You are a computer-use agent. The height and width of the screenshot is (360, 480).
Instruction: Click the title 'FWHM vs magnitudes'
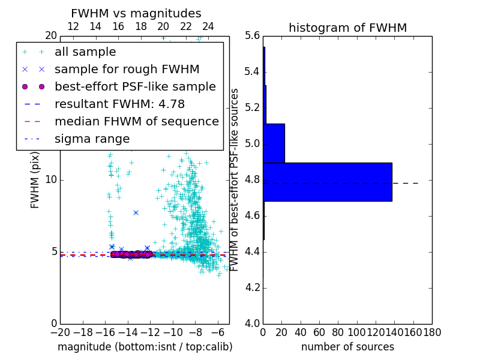click(136, 13)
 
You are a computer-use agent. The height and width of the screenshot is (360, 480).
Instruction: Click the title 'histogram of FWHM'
click(347, 28)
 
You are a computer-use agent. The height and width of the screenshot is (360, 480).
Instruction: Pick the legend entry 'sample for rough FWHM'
click(127, 69)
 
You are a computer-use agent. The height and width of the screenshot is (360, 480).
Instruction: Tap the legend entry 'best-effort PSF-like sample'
click(135, 86)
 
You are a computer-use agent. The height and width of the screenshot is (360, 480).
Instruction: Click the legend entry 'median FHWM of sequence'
click(136, 121)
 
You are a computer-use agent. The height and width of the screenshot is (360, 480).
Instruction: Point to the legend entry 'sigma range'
click(92, 139)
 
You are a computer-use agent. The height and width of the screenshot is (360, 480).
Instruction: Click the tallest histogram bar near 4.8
click(328, 182)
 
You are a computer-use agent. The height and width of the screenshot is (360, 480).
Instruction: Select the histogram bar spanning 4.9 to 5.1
click(274, 143)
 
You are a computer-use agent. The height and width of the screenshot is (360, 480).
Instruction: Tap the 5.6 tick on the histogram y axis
click(252, 36)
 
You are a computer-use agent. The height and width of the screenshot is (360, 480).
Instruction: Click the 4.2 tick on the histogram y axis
click(252, 287)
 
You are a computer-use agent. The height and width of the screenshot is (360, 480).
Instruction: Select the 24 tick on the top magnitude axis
click(208, 26)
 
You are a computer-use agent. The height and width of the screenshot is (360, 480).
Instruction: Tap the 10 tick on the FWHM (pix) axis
click(51, 180)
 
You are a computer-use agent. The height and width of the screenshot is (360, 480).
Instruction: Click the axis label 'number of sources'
click(347, 347)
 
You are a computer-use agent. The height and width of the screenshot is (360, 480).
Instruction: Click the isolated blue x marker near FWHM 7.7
click(136, 212)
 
